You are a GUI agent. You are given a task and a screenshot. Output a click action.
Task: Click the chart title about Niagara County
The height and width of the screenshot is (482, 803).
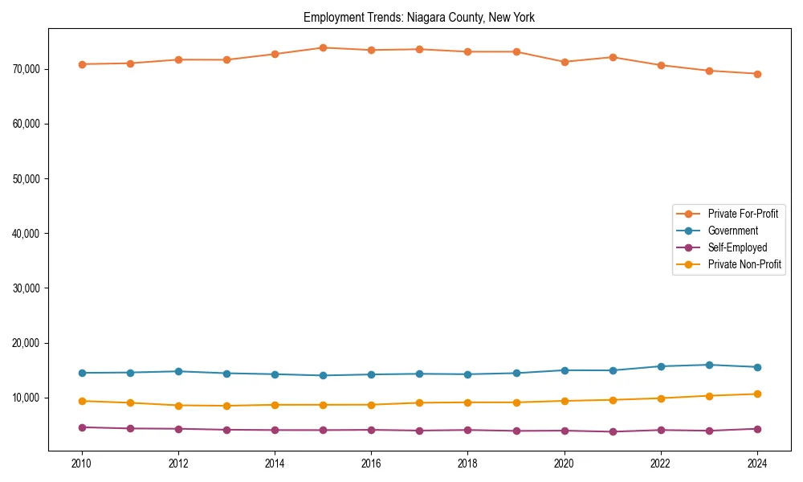(x=419, y=17)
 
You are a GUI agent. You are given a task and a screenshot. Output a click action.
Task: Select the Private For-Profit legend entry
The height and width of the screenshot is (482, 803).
(x=743, y=214)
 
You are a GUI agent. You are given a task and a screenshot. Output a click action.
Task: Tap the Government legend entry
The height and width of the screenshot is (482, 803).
(x=732, y=231)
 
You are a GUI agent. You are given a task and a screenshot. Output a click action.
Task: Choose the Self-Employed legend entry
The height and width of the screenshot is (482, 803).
(x=737, y=247)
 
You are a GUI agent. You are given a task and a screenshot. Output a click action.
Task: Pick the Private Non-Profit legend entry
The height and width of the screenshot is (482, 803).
(x=744, y=264)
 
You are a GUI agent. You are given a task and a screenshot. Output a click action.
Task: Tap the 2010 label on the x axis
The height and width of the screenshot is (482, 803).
(x=81, y=464)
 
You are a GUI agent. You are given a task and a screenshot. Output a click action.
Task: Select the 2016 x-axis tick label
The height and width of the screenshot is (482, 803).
(x=371, y=464)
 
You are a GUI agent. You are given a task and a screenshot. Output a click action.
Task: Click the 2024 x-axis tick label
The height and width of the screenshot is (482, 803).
(x=757, y=464)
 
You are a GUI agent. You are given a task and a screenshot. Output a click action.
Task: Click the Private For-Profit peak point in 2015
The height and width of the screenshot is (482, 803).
(x=323, y=47)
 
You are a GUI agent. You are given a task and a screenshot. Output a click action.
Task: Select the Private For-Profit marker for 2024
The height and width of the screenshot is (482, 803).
(x=757, y=74)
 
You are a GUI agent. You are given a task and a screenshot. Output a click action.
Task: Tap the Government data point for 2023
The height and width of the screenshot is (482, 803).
(x=709, y=365)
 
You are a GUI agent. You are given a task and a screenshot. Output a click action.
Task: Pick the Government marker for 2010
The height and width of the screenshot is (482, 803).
(x=81, y=373)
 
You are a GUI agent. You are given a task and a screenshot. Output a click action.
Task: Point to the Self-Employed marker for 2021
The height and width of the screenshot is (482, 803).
(x=613, y=431)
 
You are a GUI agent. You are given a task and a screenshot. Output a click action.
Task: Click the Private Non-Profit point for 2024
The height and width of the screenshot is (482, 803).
(x=757, y=394)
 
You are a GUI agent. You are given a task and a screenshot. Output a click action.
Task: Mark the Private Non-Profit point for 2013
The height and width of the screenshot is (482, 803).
(x=226, y=406)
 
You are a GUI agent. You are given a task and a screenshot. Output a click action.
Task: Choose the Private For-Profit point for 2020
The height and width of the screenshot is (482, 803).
(x=565, y=62)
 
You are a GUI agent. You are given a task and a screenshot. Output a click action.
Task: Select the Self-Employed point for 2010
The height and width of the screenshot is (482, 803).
(x=81, y=427)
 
